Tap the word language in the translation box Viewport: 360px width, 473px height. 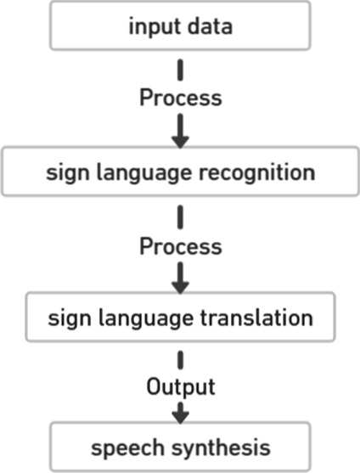coord(144,319)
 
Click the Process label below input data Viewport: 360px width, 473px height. coord(180,98)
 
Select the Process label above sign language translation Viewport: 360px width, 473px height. coord(180,246)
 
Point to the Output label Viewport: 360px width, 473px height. coord(180,387)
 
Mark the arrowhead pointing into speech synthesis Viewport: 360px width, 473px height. coord(180,416)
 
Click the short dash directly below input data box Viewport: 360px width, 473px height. coord(180,70)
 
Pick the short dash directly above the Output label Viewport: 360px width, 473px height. coord(180,359)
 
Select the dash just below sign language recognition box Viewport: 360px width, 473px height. coord(180,217)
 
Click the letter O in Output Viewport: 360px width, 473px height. coord(153,387)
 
